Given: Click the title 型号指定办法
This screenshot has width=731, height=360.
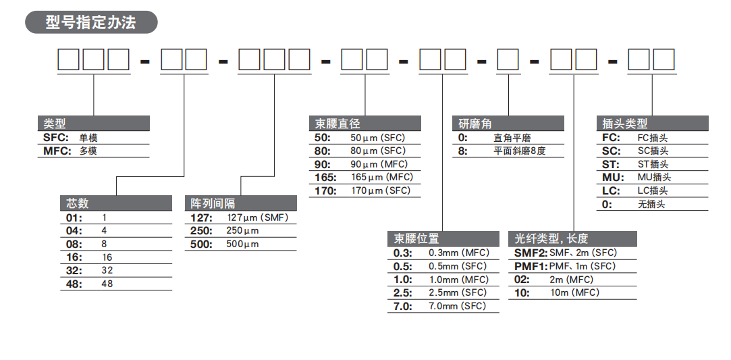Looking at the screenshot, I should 90,22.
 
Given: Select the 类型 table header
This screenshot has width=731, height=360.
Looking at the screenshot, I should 55,124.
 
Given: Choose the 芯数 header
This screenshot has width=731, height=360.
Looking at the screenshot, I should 78,203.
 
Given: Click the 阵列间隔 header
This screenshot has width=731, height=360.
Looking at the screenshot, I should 213,203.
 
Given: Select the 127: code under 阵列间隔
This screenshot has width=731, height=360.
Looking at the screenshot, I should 201,217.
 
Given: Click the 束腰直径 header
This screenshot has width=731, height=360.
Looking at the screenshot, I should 337,124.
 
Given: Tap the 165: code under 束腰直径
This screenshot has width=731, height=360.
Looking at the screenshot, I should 327,177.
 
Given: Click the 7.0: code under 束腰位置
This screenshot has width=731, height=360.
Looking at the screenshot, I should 403,306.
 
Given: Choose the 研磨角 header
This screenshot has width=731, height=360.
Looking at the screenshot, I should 475,124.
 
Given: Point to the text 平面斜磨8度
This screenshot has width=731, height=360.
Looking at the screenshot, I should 519,151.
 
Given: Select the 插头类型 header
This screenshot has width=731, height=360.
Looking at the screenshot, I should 624,124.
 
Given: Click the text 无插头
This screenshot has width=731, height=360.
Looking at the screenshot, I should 651,204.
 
